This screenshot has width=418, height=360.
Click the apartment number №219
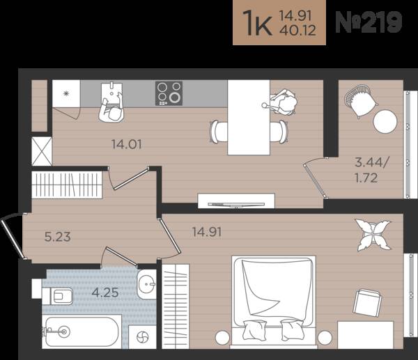[369, 22]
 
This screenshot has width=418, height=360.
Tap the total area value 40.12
[297, 30]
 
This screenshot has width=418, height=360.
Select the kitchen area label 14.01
[127, 144]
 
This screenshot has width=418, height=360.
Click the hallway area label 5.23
[58, 237]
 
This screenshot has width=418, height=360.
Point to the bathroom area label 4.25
[105, 293]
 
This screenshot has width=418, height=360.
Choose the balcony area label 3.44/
[372, 162]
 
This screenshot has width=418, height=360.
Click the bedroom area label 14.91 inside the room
[207, 232]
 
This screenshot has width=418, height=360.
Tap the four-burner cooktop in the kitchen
[169, 93]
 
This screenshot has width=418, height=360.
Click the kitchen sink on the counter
[112, 93]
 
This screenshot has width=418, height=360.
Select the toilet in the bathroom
[58, 296]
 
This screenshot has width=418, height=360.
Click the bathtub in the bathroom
[82, 331]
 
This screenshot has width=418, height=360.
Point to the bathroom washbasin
[146, 284]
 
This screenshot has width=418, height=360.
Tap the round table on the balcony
[385, 122]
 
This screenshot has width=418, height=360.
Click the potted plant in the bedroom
[373, 235]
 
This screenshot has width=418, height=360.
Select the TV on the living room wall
[236, 205]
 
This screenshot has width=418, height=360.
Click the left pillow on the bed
[254, 329]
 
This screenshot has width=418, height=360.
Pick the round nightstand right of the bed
[325, 338]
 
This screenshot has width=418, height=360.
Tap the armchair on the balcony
[360, 101]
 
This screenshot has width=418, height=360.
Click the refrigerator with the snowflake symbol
[66, 93]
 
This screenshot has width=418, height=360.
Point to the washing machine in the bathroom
[142, 337]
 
